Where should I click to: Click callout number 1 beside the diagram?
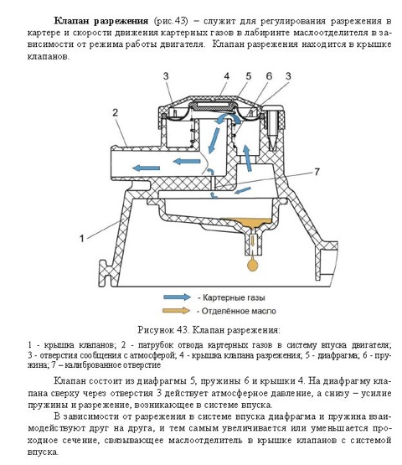(82, 238)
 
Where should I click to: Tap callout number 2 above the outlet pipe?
(116, 112)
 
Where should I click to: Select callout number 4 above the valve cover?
(226, 76)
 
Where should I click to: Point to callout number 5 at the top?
(248, 76)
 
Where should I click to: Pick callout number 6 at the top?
(269, 76)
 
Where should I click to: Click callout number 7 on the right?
(317, 172)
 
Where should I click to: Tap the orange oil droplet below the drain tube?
(252, 265)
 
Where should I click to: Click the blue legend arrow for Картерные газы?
(178, 297)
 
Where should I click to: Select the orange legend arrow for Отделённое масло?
(177, 311)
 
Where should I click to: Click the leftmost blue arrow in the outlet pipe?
(147, 168)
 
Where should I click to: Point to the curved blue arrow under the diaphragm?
(229, 120)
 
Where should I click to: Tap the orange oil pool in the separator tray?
(249, 223)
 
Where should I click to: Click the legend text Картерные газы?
(234, 297)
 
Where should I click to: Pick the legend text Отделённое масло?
(239, 311)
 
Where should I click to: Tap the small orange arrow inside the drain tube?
(252, 240)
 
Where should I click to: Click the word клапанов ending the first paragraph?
(47, 56)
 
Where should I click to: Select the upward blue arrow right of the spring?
(248, 158)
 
